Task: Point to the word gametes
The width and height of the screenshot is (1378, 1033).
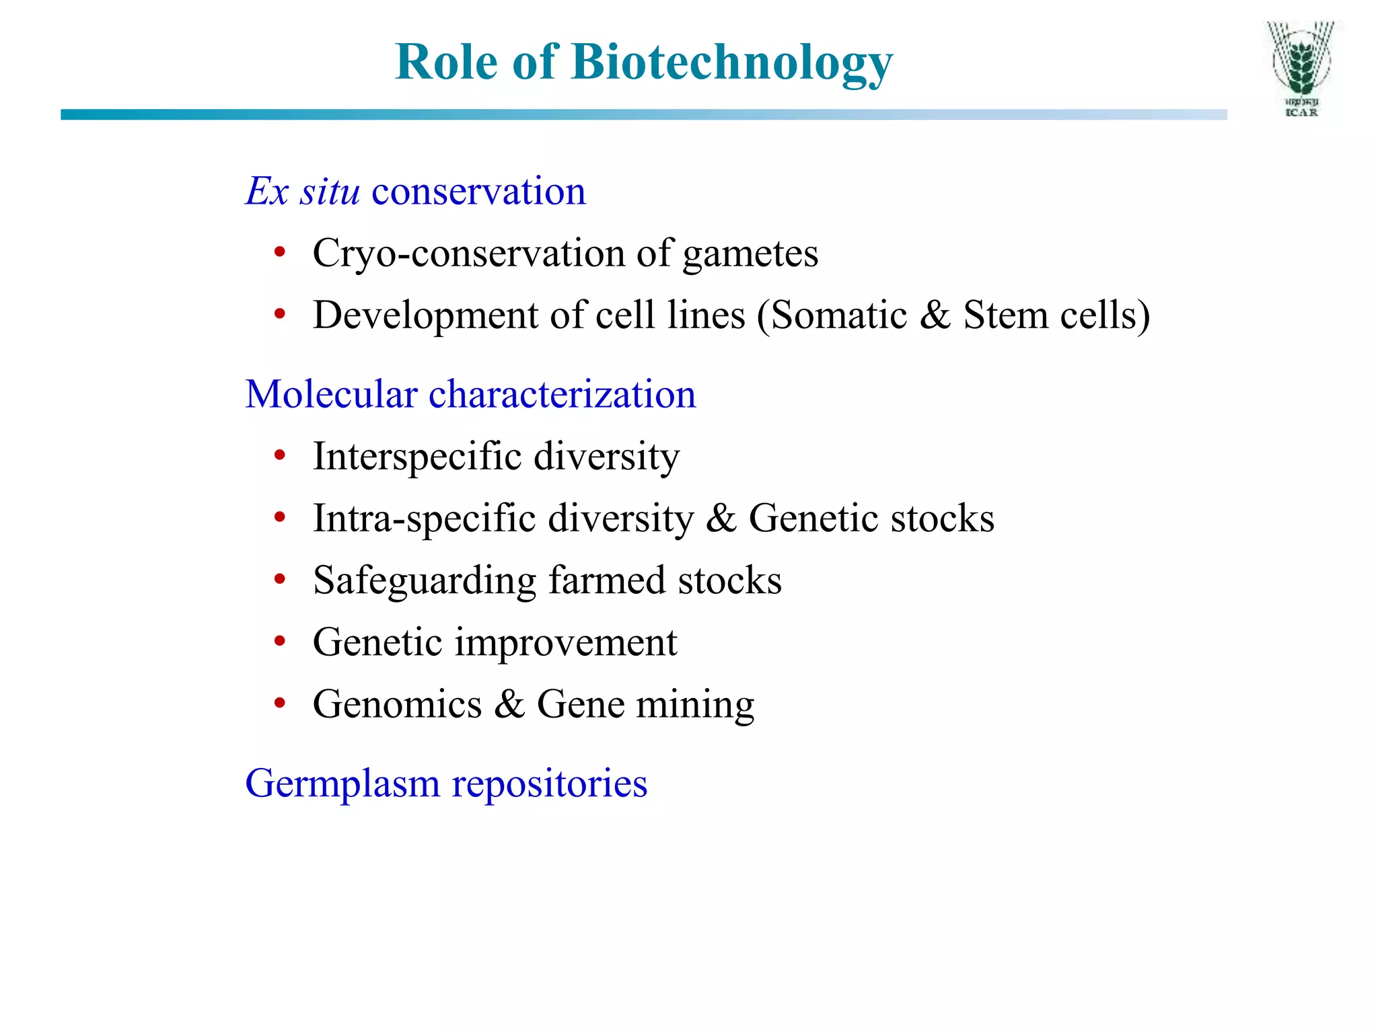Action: tap(750, 255)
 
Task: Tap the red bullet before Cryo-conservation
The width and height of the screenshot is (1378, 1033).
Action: tap(280, 254)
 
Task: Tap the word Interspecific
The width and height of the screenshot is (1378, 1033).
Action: tap(417, 457)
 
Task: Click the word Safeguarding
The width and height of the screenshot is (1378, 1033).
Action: tap(425, 580)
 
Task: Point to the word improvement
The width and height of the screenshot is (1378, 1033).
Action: tap(566, 643)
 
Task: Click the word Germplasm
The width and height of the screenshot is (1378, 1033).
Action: tap(342, 784)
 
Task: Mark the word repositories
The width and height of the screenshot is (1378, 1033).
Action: tap(549, 784)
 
